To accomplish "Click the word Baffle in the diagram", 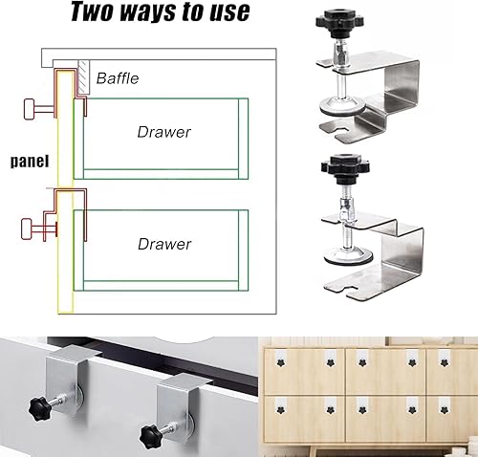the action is [x=118, y=78].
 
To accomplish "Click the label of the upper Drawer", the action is [x=164, y=132].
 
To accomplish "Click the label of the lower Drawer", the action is [x=164, y=244].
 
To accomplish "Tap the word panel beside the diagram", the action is [x=30, y=162].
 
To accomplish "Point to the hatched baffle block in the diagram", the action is [x=83, y=76].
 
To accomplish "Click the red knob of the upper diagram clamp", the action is [x=29, y=109].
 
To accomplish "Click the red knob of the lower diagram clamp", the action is [x=26, y=228].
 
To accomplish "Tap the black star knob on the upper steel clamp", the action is [x=340, y=20].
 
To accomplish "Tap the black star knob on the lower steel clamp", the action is [x=346, y=165].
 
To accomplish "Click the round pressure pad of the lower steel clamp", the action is [x=348, y=256].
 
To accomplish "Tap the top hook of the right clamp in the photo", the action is [x=185, y=382].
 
